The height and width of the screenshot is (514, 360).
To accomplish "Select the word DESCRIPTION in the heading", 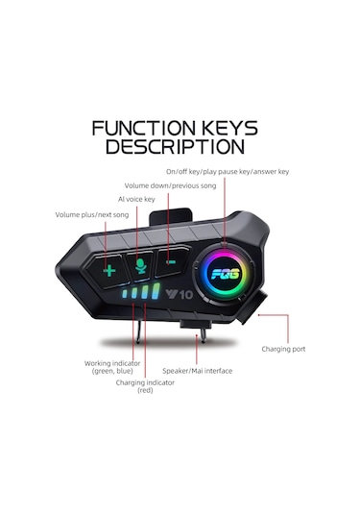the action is pos(175,147).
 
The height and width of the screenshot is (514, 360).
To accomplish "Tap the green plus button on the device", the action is pos(109,270).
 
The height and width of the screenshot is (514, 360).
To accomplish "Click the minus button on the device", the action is pos(170,259).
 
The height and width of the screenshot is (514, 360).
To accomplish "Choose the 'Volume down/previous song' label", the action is pos(159,184).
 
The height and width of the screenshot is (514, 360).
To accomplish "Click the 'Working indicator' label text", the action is pos(113,363).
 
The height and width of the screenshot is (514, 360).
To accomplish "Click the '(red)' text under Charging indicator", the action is pos(145,391).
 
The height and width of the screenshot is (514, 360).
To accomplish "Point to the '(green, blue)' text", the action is pos(113,372).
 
